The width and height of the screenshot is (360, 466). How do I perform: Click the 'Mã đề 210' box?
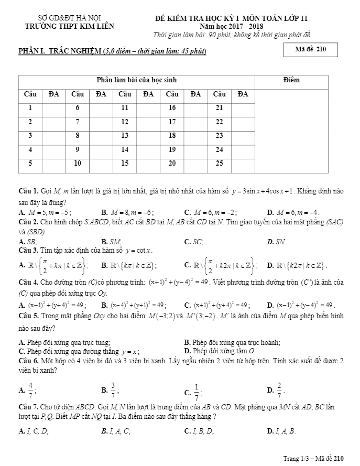pyautogui.click(x=310, y=50)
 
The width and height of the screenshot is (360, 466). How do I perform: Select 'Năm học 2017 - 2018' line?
pyautogui.click(x=231, y=26)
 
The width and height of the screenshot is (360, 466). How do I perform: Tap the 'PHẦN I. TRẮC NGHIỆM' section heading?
pyautogui.click(x=112, y=51)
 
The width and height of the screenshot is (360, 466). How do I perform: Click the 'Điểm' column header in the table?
pyautogui.click(x=291, y=80)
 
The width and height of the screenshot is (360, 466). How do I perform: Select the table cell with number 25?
pyautogui.click(x=219, y=163)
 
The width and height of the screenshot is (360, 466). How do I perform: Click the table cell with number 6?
pyautogui.click(x=78, y=107)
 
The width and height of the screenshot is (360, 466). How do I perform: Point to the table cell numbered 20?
pyautogui.click(x=172, y=163)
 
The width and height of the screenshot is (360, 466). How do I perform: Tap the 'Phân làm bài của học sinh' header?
pyautogui.click(x=136, y=80)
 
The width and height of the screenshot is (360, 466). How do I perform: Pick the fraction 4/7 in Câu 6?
pyautogui.click(x=31, y=389)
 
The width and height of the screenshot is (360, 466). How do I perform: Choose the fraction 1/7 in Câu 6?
pyautogui.click(x=197, y=389)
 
